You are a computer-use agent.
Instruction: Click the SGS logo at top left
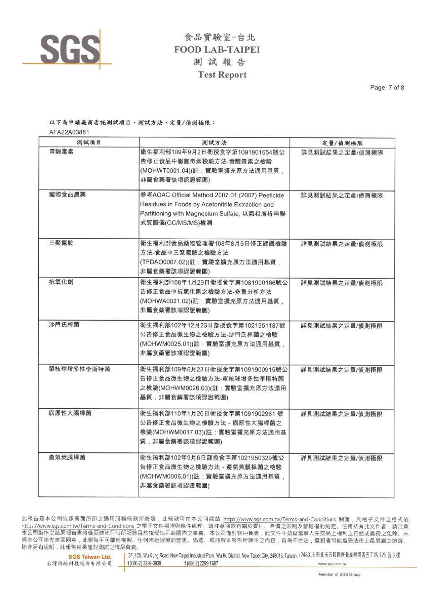pyautogui.click(x=70, y=48)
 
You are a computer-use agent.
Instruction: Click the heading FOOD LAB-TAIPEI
pyautogui.click(x=217, y=50)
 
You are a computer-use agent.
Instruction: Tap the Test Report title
pyautogui.click(x=222, y=75)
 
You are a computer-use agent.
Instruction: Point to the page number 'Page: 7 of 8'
pyautogui.click(x=387, y=88)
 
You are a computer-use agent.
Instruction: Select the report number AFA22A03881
pyautogui.click(x=68, y=132)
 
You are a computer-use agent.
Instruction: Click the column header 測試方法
pyautogui.click(x=214, y=143)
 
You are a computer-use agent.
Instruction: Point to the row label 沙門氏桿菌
pyautogui.click(x=64, y=325)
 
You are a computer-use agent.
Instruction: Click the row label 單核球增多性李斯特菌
pyautogui.click(x=80, y=369)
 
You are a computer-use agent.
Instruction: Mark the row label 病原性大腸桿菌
pyautogui.click(x=70, y=413)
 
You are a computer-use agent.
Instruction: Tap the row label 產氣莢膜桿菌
pyautogui.click(x=67, y=457)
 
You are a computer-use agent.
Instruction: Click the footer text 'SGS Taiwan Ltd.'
pyautogui.click(x=90, y=557)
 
